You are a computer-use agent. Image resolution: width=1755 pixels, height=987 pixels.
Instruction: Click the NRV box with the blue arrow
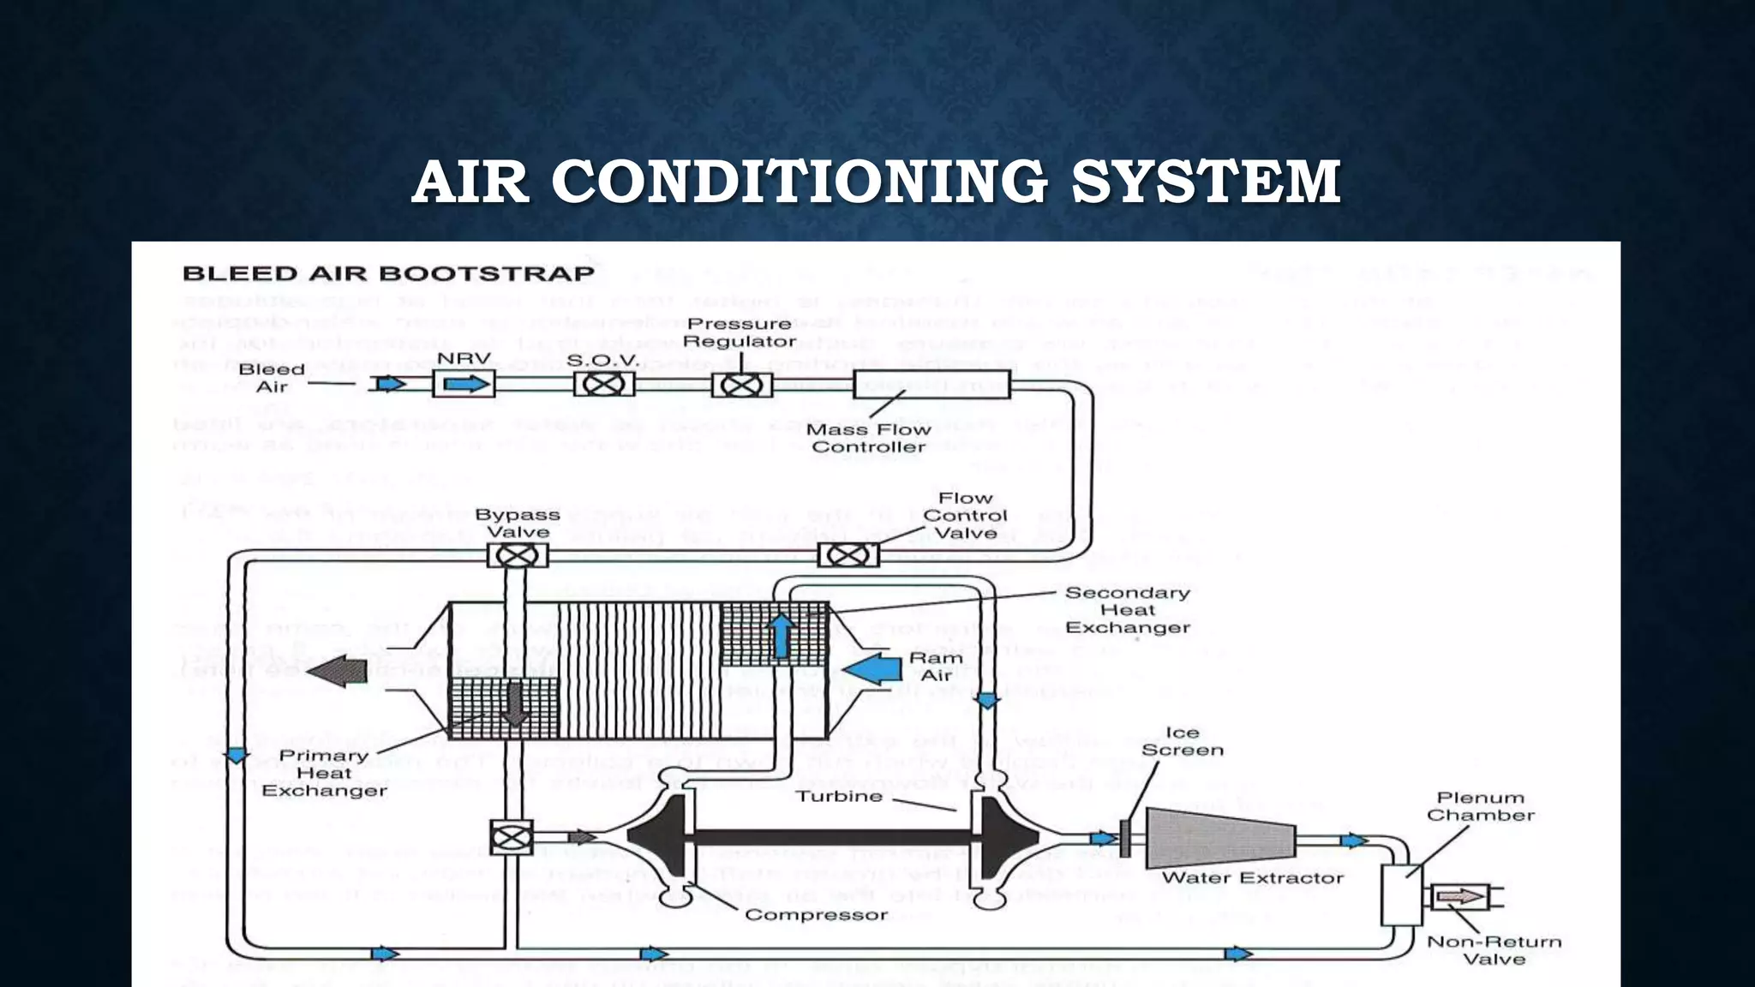click(464, 384)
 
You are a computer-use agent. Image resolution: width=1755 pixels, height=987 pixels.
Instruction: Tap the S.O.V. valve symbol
click(604, 384)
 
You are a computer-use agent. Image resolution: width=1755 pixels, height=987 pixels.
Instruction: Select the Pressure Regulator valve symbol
click(741, 385)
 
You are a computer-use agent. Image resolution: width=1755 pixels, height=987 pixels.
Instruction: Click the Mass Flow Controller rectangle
click(931, 385)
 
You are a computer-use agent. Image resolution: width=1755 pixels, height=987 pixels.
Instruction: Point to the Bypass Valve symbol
click(518, 556)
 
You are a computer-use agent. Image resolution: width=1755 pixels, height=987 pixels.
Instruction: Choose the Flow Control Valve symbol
click(848, 555)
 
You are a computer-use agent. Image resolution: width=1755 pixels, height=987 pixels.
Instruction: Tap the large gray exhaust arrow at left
click(338, 671)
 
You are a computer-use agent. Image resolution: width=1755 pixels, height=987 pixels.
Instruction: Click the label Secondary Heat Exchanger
click(1127, 610)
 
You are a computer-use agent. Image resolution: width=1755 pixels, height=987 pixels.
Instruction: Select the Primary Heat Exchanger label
click(324, 773)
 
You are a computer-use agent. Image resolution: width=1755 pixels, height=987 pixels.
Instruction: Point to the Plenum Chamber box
click(1402, 894)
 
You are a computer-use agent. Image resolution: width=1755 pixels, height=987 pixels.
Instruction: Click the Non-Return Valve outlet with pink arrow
click(1462, 897)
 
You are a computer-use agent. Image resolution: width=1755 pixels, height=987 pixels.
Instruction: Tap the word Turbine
click(839, 796)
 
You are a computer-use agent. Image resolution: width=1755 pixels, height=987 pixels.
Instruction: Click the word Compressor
click(816, 915)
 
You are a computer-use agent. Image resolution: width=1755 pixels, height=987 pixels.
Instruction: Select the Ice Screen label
click(1182, 741)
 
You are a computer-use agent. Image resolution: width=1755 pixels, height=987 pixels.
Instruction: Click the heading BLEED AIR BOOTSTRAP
click(388, 274)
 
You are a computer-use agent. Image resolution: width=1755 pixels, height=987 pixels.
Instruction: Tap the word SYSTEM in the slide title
click(1206, 182)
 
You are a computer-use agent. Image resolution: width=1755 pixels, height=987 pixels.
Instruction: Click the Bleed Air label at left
click(272, 378)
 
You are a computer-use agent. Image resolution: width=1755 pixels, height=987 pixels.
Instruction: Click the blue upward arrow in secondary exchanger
click(780, 635)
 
